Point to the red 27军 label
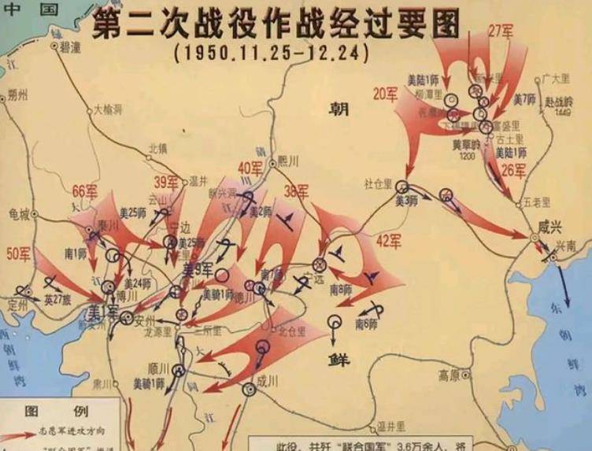click(x=500, y=32)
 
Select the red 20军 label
click(x=385, y=94)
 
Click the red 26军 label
click(x=512, y=171)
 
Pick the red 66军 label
click(x=84, y=191)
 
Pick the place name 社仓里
click(x=378, y=183)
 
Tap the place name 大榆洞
click(x=108, y=110)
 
